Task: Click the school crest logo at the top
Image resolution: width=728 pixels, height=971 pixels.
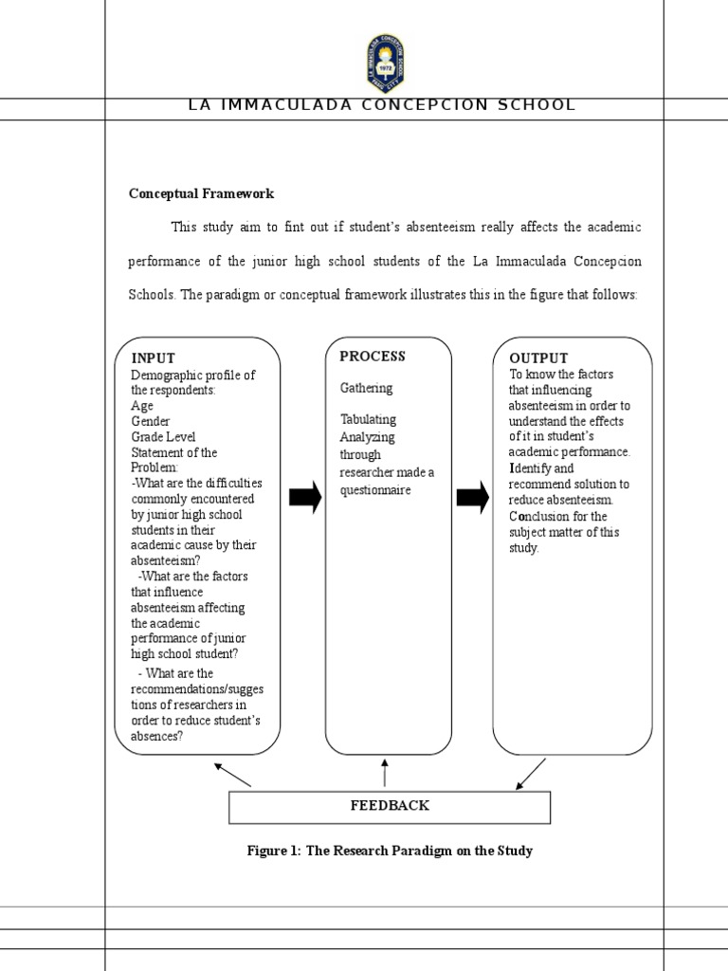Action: click(385, 62)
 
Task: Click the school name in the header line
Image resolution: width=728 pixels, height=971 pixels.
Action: click(382, 105)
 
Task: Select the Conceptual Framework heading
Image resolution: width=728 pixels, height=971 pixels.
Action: click(201, 193)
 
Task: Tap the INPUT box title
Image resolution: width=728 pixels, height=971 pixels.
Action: click(153, 358)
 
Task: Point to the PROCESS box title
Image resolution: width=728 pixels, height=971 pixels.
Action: click(372, 357)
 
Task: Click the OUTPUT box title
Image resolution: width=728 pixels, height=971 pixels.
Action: click(538, 358)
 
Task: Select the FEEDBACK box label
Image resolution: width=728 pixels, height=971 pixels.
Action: click(390, 806)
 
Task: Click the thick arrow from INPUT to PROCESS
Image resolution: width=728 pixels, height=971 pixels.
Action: click(304, 497)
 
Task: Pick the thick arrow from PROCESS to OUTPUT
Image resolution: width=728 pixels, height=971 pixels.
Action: click(472, 497)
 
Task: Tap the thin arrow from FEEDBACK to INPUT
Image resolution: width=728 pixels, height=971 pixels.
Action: click(232, 775)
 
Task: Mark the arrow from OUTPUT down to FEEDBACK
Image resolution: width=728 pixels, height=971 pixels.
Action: click(532, 774)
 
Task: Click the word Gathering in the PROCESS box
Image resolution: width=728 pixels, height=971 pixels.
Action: click(366, 388)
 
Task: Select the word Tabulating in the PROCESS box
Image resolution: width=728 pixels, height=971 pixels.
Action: click(368, 419)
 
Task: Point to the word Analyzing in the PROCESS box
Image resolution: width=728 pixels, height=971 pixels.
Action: click(367, 437)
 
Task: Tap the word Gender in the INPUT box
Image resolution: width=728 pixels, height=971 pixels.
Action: click(150, 421)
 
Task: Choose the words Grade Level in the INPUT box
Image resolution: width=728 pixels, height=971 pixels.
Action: click(163, 437)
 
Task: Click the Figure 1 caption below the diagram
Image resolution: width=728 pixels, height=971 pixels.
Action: click(390, 851)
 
